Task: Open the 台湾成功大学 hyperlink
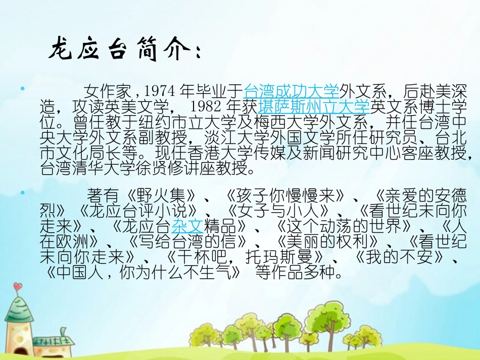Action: pyautogui.click(x=292, y=91)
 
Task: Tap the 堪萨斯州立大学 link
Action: pyautogui.click(x=314, y=107)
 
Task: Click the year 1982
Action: pyautogui.click(x=207, y=107)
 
